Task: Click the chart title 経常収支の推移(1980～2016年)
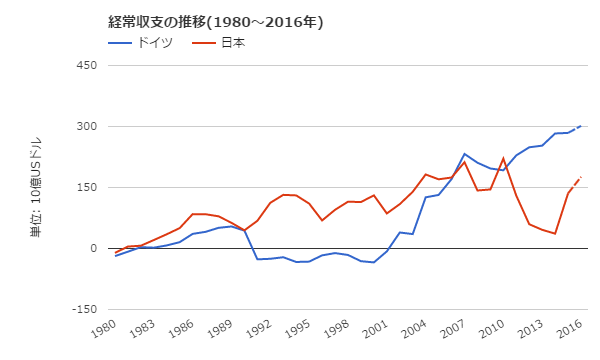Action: pyautogui.click(x=216, y=22)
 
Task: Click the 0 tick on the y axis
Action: pyautogui.click(x=91, y=249)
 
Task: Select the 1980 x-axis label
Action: pyautogui.click(x=105, y=332)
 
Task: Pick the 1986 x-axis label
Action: pyautogui.click(x=181, y=332)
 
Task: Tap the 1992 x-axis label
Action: pyautogui.click(x=258, y=332)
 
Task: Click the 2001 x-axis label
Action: pyautogui.click(x=374, y=332)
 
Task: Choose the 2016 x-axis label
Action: pyautogui.click(x=567, y=332)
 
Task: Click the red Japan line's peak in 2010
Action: pyautogui.click(x=503, y=158)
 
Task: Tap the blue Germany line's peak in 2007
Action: pyautogui.click(x=465, y=154)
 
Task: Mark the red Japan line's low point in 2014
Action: pyautogui.click(x=555, y=234)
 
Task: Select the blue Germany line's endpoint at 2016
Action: pyautogui.click(x=581, y=126)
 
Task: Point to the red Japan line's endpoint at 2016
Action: pyautogui.click(x=581, y=177)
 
